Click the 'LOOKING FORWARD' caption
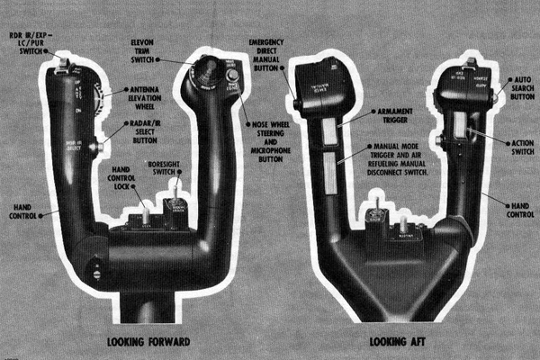(x=148, y=342)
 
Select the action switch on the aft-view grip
(x=458, y=125)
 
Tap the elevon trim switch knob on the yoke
(x=205, y=67)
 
